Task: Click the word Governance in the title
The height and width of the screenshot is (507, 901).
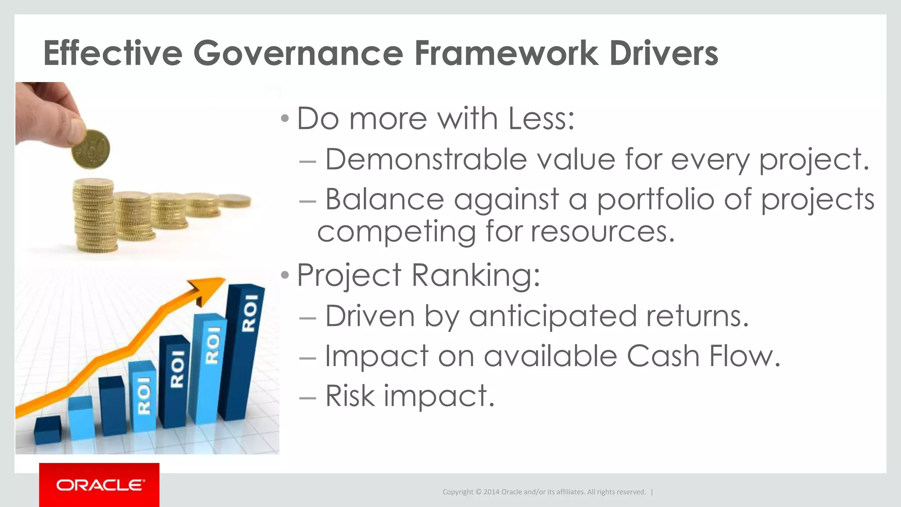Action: [x=298, y=53]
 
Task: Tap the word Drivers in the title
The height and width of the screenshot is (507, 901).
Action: [x=663, y=53]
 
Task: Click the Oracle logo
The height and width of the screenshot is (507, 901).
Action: [x=99, y=485]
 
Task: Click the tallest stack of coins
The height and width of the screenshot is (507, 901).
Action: [x=94, y=216]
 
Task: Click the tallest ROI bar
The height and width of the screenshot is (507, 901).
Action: [x=245, y=352]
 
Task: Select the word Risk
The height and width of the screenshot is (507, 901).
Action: [x=350, y=396]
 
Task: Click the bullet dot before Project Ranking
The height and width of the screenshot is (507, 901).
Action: [x=285, y=276]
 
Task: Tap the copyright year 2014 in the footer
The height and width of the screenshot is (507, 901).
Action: [x=491, y=492]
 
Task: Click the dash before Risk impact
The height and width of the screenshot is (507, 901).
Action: [x=307, y=397]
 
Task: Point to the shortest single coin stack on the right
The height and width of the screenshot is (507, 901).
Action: [x=235, y=201]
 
